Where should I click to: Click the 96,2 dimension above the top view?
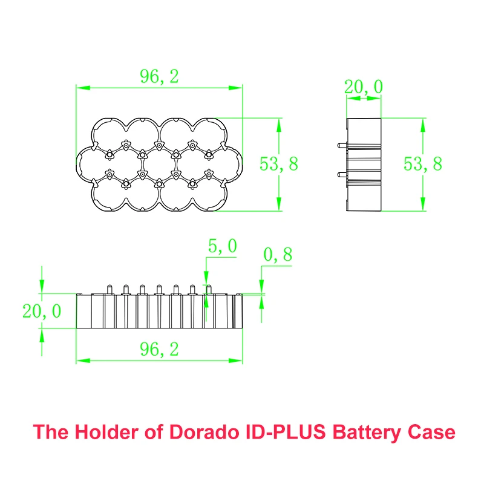point(159,76)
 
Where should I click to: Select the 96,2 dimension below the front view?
point(159,348)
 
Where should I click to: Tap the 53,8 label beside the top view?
point(279,164)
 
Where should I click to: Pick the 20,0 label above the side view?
point(363,87)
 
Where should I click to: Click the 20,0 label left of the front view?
point(42,312)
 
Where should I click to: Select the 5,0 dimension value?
point(222,246)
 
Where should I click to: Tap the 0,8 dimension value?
point(278,255)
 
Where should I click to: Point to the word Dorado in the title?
point(206,433)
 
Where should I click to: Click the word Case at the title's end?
point(430,433)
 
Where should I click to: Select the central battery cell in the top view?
point(160,164)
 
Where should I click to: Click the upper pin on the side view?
point(341,145)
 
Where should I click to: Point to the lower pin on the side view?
point(341,175)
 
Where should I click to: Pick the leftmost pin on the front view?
point(109,289)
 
